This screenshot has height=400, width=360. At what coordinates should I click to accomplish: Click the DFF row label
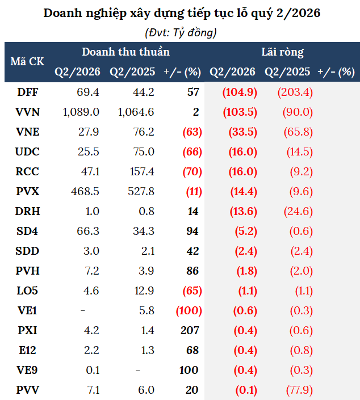28,92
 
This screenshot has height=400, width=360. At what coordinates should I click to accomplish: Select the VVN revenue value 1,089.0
81,112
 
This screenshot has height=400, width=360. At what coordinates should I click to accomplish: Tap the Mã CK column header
27,61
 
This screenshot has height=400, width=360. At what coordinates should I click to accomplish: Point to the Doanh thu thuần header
125,52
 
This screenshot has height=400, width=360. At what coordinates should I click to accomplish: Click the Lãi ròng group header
282,52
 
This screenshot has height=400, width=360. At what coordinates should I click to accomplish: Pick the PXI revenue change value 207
190,330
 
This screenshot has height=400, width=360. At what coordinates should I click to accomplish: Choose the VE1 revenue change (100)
189,310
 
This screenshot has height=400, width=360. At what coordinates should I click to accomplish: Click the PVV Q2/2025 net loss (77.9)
299,390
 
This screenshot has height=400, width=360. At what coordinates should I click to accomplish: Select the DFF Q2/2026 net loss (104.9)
240,92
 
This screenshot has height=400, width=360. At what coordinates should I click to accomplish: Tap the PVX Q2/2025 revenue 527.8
141,192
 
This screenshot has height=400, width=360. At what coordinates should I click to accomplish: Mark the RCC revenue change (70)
192,172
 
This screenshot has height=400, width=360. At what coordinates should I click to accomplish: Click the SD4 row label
27,231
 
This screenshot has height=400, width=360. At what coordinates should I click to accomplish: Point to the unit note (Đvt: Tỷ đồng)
181,33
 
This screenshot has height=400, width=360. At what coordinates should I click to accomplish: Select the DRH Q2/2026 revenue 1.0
91,211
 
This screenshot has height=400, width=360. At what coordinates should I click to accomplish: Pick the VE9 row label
27,370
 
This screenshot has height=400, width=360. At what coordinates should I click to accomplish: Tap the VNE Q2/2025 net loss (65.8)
298,132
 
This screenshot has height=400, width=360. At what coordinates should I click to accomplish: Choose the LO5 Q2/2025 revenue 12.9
144,290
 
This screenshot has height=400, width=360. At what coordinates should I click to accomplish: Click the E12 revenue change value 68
192,350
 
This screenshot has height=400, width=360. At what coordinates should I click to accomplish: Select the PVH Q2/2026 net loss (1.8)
246,271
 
